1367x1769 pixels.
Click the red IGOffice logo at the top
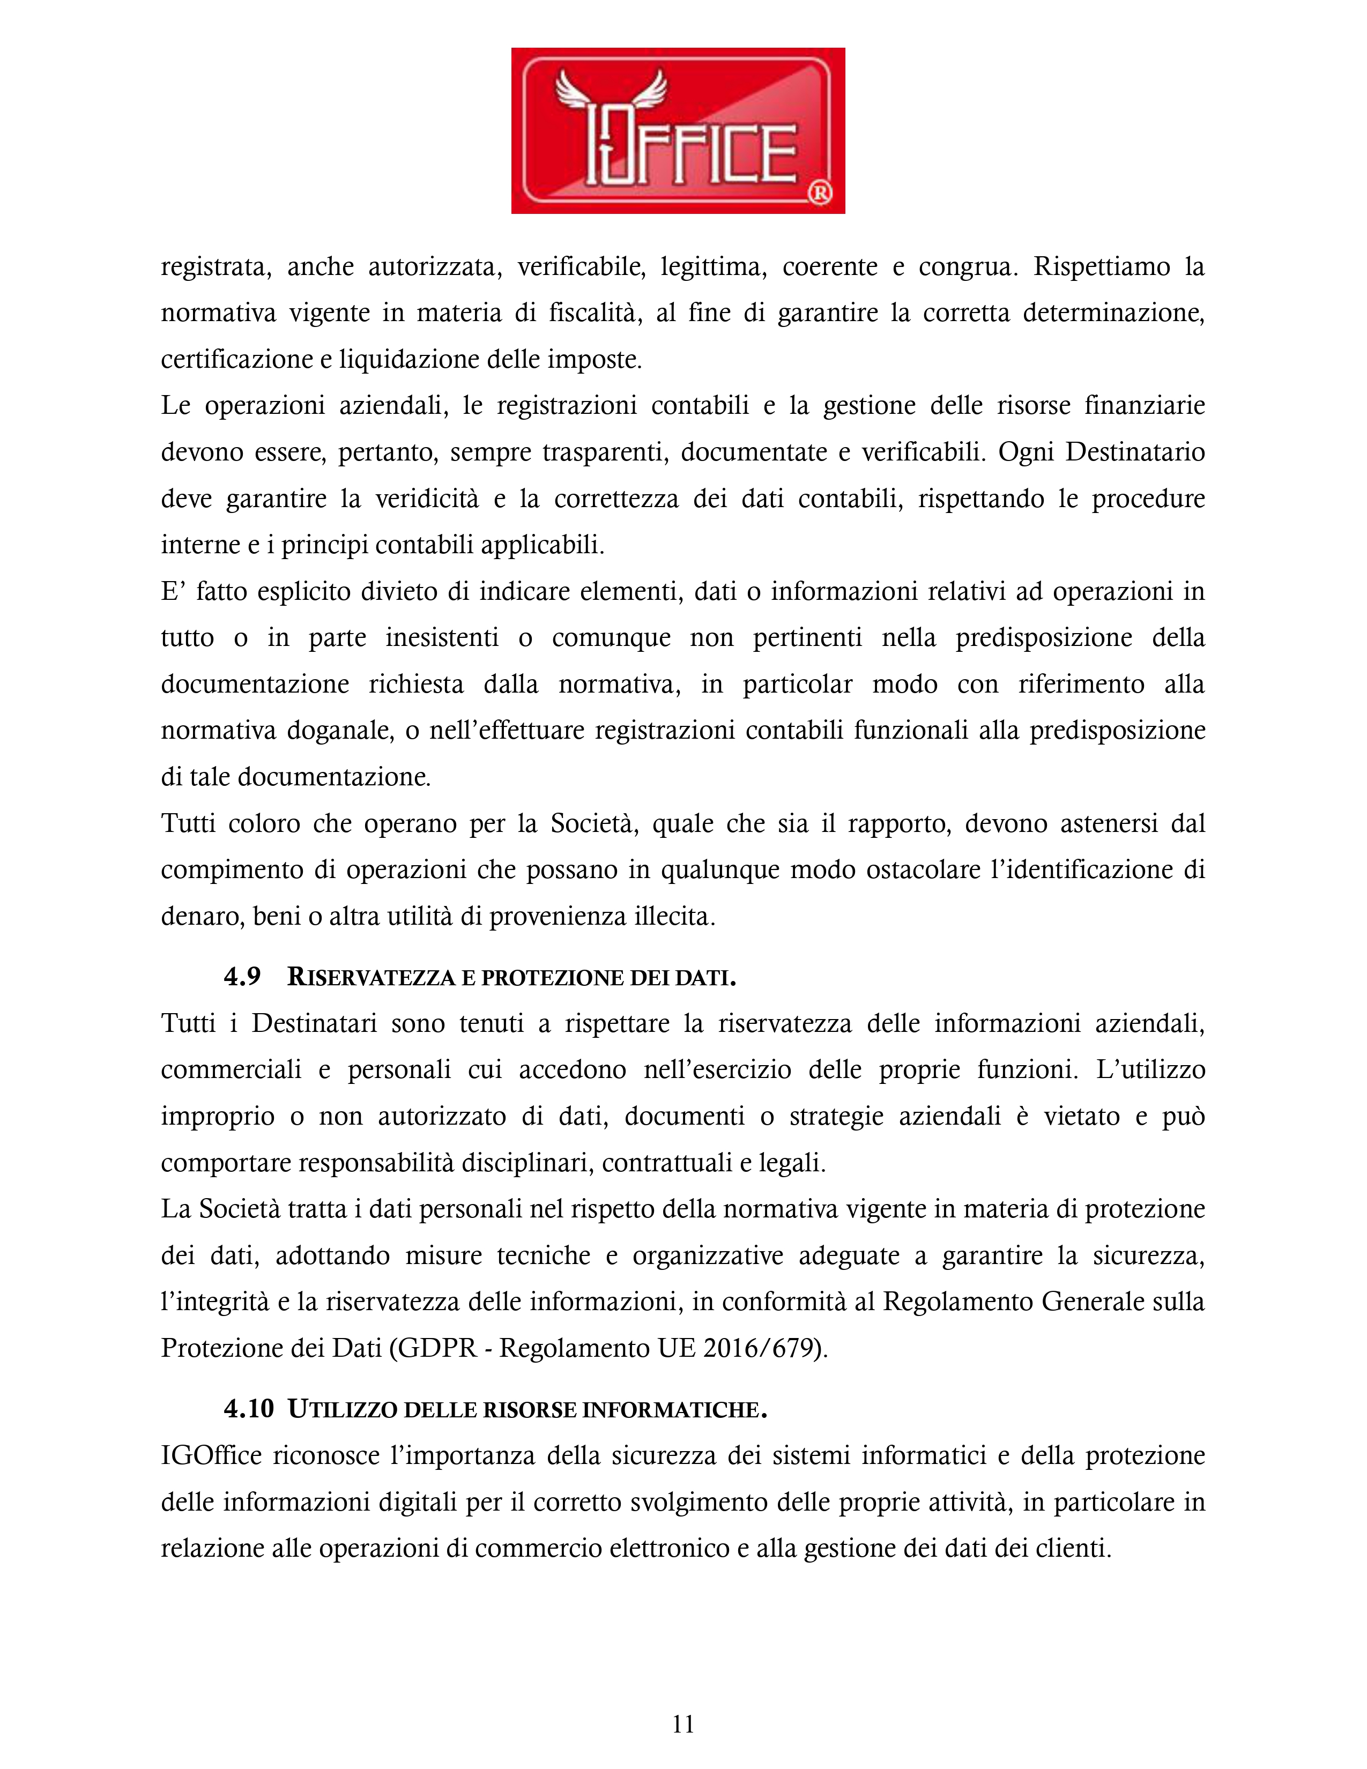pos(678,130)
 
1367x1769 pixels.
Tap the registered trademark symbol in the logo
pos(820,193)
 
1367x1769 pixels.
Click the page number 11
pos(682,1723)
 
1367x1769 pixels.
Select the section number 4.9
pos(242,976)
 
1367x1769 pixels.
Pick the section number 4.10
pos(249,1409)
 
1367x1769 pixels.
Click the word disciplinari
pos(527,1162)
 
